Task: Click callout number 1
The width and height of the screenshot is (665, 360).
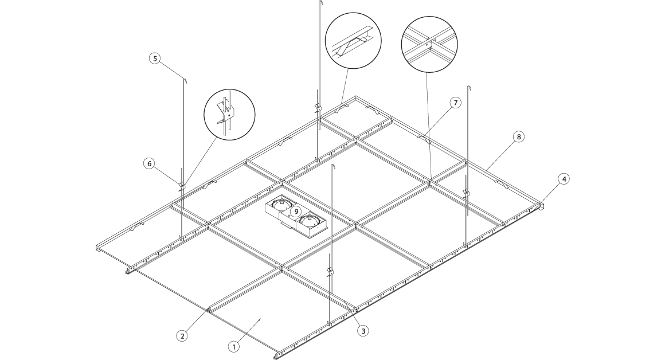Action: coord(234,346)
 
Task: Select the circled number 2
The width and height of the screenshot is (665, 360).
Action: coord(182,336)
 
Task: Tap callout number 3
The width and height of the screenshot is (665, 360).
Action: coord(363,331)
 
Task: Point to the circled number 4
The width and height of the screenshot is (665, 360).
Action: coord(564,179)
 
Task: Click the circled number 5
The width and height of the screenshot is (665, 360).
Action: coord(155,58)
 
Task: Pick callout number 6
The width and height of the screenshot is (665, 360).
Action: coord(149,163)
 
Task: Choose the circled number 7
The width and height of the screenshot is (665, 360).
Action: coord(456,103)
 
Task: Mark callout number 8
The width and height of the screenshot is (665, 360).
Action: coord(518,136)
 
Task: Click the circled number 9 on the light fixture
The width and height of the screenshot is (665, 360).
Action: coord(296,211)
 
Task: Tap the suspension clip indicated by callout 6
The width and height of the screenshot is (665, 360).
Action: coord(182,185)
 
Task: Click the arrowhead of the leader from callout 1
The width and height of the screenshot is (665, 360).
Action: coord(259,320)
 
